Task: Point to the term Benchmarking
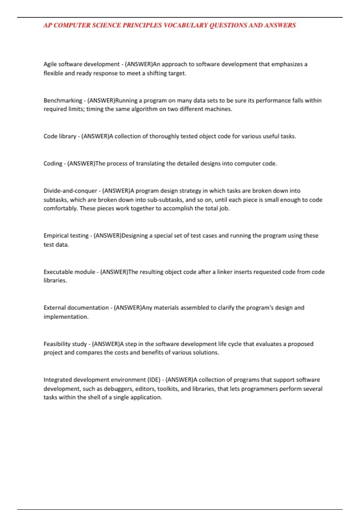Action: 63,100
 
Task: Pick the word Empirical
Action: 56,236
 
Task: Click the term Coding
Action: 53,164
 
